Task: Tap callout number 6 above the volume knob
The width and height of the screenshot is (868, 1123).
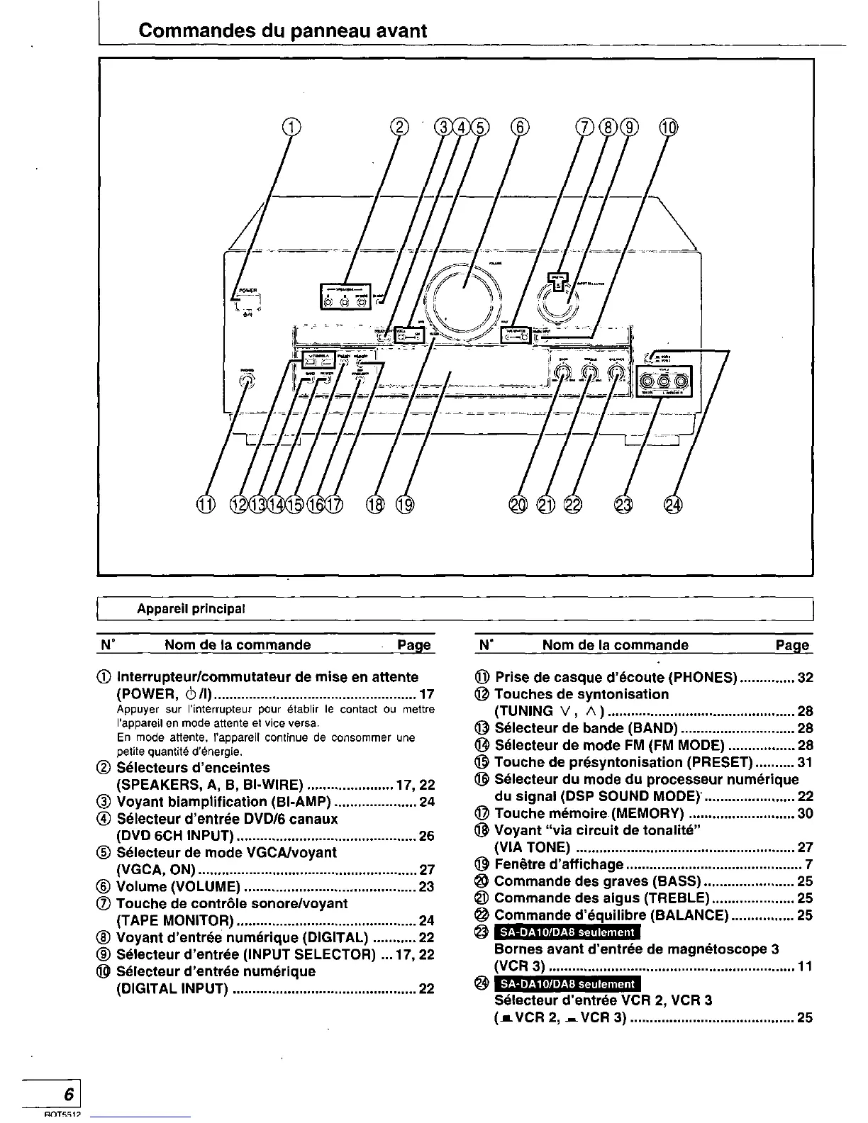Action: coord(520,128)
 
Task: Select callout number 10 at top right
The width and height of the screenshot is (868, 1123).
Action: coord(669,128)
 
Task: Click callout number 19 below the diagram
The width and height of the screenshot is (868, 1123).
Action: coord(405,505)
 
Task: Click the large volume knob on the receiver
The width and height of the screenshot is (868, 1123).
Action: coord(464,298)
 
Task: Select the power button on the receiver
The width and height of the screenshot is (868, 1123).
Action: coord(245,304)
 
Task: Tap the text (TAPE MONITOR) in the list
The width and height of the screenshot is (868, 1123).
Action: coord(174,921)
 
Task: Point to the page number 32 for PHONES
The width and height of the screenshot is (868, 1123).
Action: coord(805,677)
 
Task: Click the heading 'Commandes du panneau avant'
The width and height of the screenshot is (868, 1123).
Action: coord(283,31)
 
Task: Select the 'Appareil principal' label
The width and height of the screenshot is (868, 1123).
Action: coord(191,609)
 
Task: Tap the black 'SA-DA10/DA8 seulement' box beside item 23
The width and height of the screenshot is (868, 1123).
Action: coord(567,932)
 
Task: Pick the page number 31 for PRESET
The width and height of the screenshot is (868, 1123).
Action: coord(805,762)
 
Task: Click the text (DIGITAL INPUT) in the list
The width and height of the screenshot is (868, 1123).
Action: coord(171,989)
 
